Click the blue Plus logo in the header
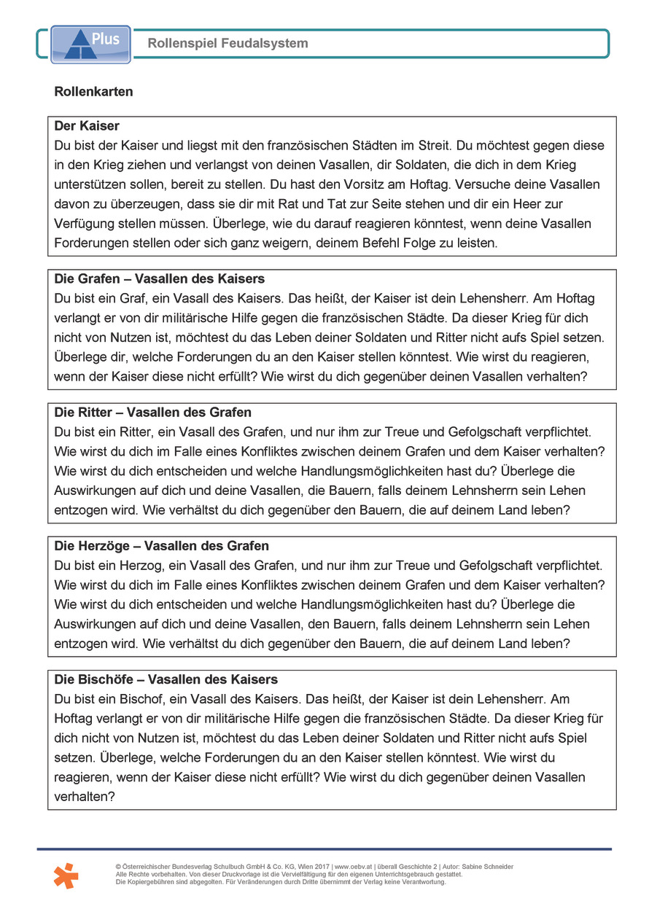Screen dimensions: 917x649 [90, 44]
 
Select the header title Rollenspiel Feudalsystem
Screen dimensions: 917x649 [228, 44]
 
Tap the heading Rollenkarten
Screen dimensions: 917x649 [93, 93]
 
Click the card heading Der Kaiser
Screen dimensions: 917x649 [87, 126]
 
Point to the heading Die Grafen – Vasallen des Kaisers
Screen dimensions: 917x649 [160, 279]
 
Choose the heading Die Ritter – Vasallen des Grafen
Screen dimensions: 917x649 [153, 413]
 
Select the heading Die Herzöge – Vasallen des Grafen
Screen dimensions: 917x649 [162, 546]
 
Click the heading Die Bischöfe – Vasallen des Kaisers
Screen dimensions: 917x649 [166, 679]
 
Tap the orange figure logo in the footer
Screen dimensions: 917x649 [66, 875]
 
